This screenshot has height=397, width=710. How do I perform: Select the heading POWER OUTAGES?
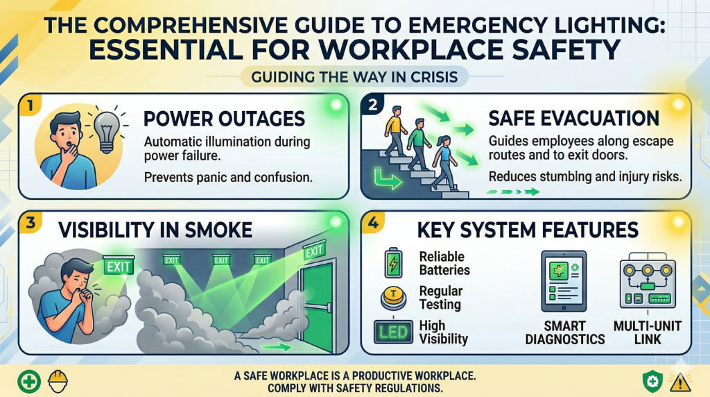pyautogui.click(x=225, y=119)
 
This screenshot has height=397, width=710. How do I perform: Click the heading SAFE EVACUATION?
pyautogui.click(x=573, y=118)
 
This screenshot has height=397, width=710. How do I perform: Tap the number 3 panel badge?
pyautogui.click(x=28, y=223)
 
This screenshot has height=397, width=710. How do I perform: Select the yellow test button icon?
pyautogui.click(x=392, y=298)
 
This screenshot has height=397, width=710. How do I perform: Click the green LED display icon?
pyautogui.click(x=392, y=331)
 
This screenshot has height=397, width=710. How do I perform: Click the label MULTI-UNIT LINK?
pyautogui.click(x=647, y=332)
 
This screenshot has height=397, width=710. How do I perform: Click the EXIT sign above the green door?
pyautogui.click(x=314, y=250)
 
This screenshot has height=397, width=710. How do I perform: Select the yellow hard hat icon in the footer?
pyautogui.click(x=57, y=380)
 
